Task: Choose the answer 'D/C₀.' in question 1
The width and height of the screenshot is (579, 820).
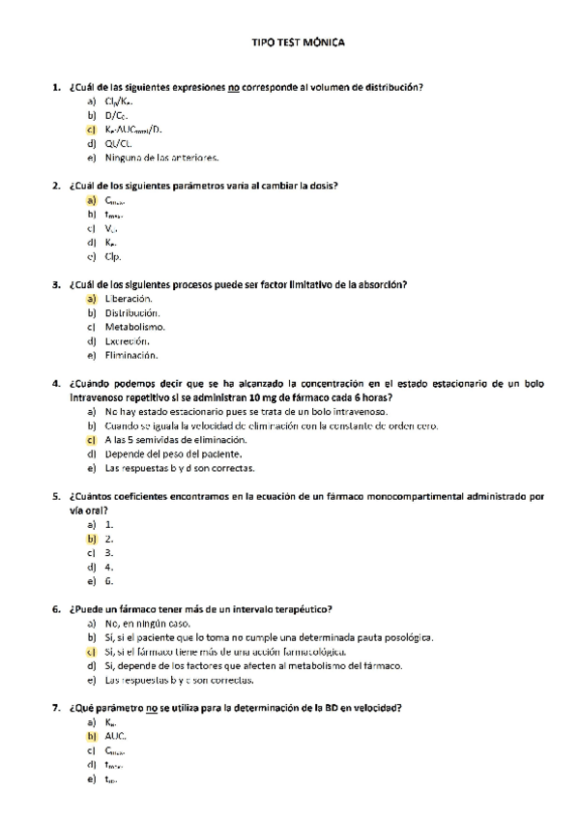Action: tap(118, 115)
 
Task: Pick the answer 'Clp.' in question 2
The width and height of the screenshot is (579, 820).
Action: tap(113, 256)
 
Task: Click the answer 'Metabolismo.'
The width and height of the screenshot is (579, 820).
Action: tap(134, 327)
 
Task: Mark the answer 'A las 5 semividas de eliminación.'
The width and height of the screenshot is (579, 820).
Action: tap(168, 440)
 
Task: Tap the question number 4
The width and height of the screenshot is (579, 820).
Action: tap(56, 383)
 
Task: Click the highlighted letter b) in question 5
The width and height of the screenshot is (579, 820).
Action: tap(91, 539)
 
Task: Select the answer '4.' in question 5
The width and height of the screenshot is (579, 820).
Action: tap(109, 567)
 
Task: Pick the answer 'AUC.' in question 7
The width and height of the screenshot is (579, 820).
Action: tap(115, 737)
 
